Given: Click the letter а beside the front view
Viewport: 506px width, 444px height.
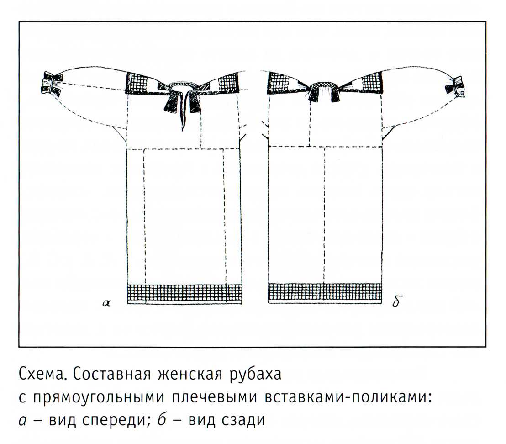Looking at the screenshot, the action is [106, 303].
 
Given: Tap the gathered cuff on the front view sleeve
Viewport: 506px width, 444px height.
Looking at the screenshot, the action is [51, 83].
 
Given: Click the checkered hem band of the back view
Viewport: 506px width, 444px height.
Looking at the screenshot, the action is [325, 293].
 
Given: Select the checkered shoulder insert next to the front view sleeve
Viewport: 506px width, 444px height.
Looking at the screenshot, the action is [139, 83].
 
